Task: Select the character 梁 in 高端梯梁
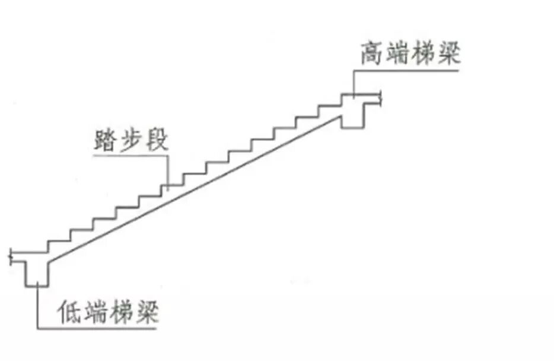(x=448, y=54)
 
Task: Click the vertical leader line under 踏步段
(x=168, y=172)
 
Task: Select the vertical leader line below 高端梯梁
(x=354, y=83)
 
